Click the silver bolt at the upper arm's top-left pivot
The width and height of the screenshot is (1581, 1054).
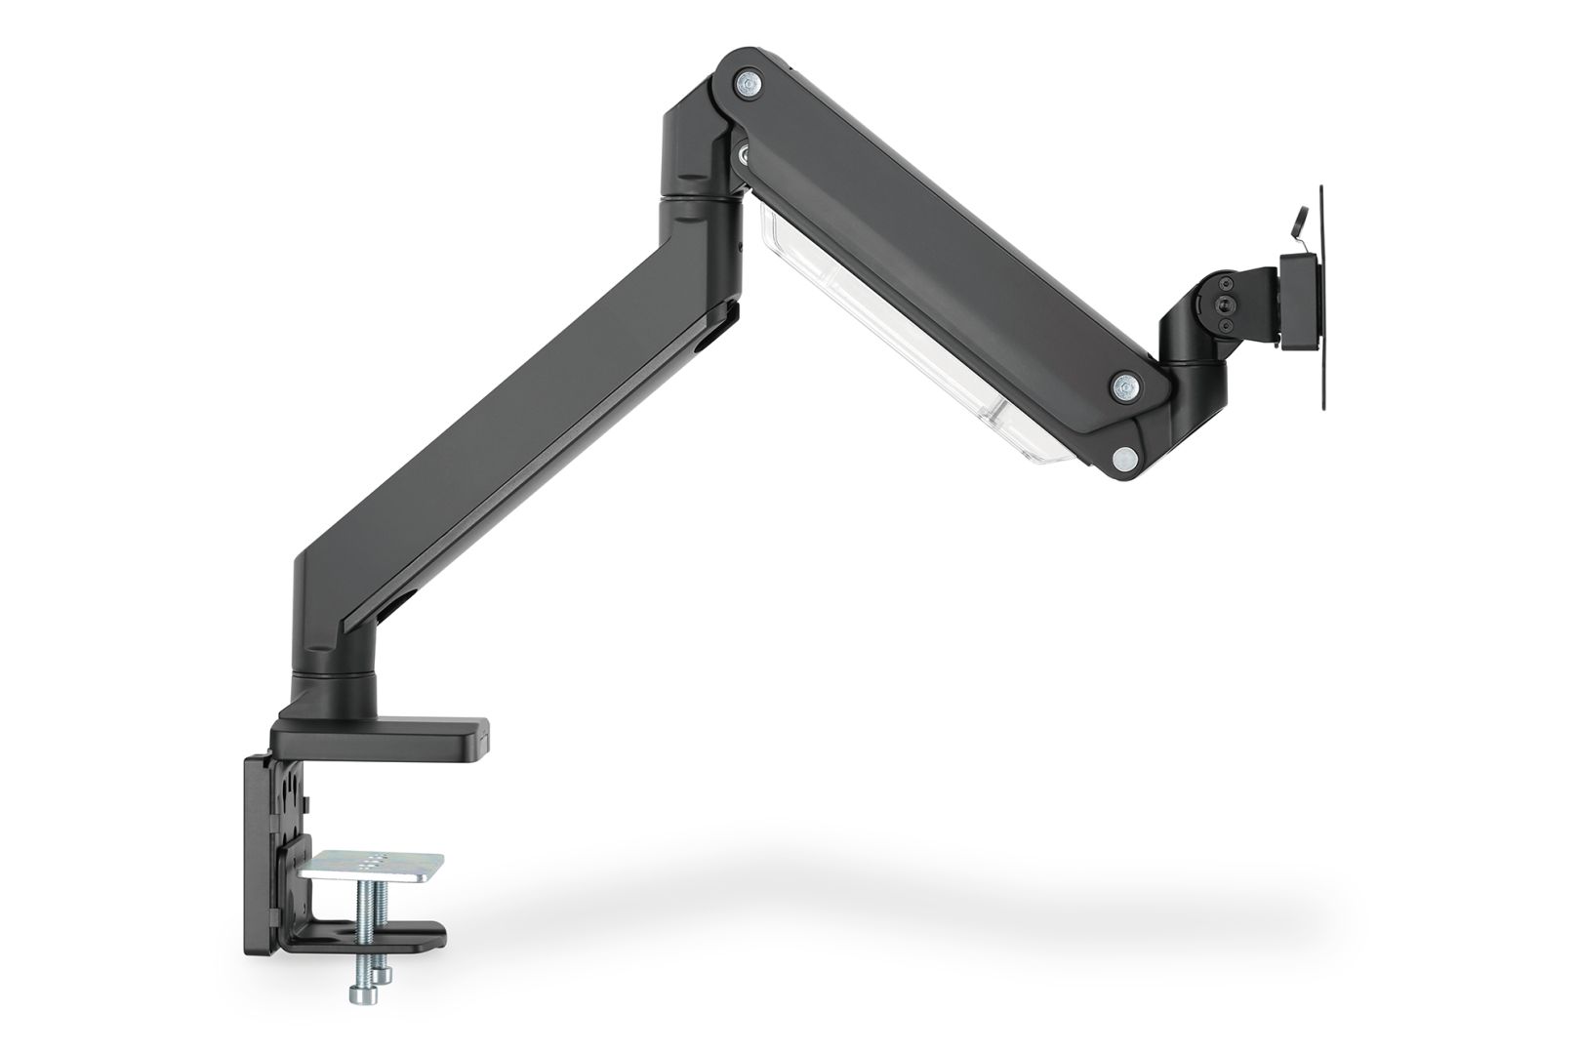tap(750, 84)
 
